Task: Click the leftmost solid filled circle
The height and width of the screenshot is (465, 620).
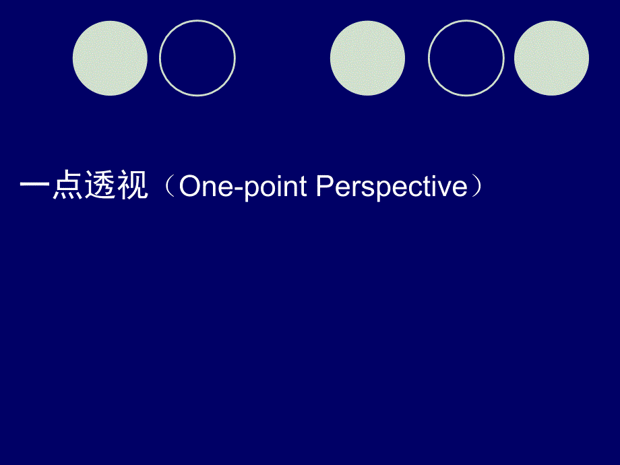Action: click(110, 58)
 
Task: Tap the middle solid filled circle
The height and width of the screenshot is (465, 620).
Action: click(367, 58)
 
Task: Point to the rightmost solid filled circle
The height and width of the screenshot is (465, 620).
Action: click(551, 58)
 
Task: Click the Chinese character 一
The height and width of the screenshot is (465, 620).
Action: click(35, 184)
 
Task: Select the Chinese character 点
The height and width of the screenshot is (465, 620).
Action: click(67, 185)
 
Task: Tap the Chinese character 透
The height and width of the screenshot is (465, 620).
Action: click(100, 185)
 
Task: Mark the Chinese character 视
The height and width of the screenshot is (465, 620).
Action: click(133, 185)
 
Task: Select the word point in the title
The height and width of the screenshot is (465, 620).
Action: click(275, 187)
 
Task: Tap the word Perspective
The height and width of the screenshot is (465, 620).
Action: click(392, 187)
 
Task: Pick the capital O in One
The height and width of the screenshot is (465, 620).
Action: click(190, 186)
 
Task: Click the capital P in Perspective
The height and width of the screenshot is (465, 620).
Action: click(325, 185)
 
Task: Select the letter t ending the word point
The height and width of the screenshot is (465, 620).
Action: click(303, 186)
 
